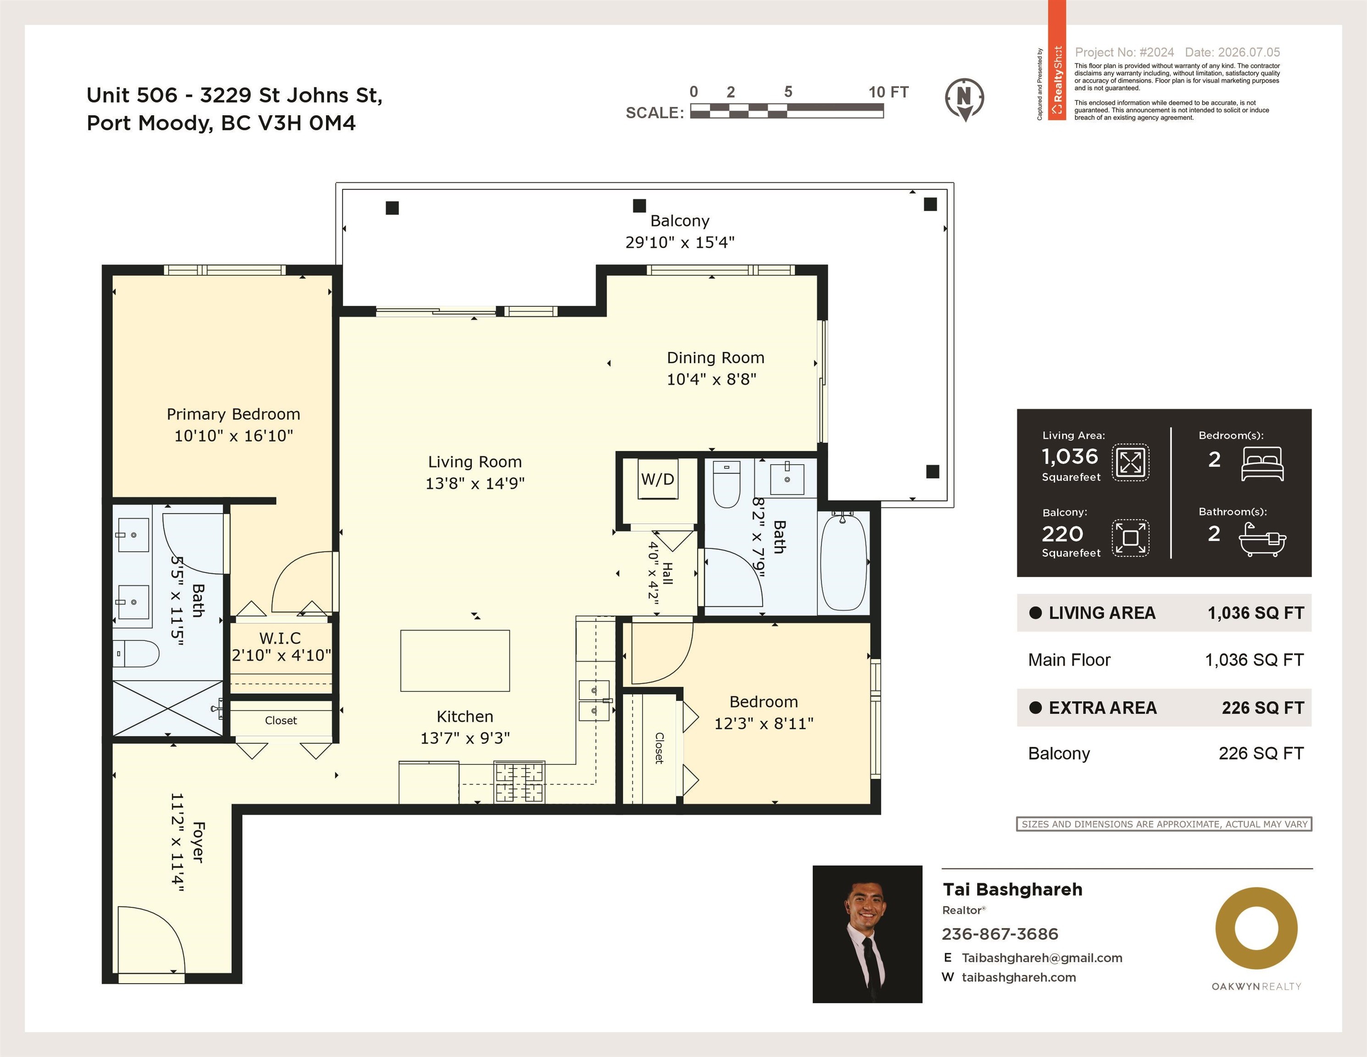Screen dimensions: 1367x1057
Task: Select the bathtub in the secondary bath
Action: point(843,561)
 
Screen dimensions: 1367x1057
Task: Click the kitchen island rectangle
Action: point(455,661)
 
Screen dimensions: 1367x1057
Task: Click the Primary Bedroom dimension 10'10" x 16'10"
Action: point(233,436)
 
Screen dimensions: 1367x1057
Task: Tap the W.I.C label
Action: point(280,638)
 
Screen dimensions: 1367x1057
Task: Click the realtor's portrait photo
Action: point(867,934)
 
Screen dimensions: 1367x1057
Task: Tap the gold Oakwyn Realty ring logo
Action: point(1256,928)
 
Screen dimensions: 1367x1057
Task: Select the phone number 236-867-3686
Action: point(1000,934)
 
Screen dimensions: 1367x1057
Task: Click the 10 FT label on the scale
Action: point(888,92)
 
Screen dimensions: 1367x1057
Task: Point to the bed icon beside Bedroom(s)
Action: point(1262,464)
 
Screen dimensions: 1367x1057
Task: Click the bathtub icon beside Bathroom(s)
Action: point(1262,540)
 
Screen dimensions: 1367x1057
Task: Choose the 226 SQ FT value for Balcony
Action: point(1261,753)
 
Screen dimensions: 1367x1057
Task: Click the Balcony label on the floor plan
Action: point(680,221)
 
